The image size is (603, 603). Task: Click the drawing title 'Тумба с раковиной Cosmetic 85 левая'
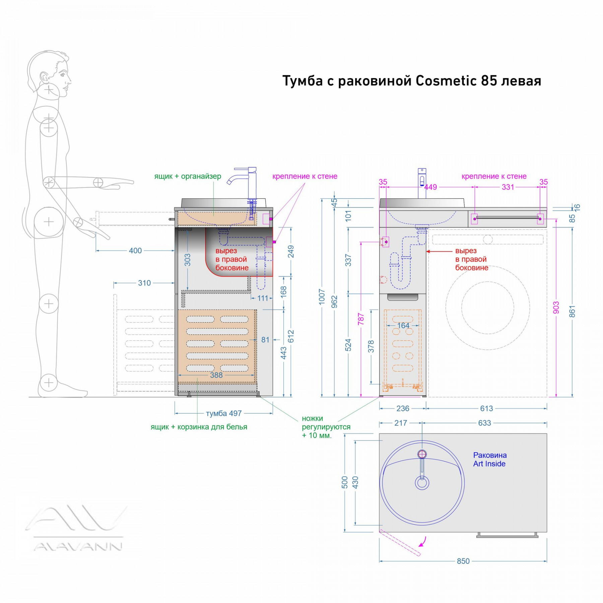click(x=412, y=81)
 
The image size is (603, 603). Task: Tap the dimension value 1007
click(x=322, y=297)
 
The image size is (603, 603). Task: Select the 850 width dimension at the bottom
click(x=463, y=561)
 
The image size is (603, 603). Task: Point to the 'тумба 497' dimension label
click(x=224, y=413)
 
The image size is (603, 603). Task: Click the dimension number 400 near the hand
click(x=135, y=251)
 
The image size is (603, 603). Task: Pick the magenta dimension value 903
click(x=556, y=308)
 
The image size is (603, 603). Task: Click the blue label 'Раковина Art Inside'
click(x=490, y=459)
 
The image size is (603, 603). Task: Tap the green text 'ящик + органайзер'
click(x=188, y=176)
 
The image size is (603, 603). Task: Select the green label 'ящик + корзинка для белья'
click(x=199, y=427)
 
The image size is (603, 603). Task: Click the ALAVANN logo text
click(x=78, y=547)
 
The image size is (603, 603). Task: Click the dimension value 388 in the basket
click(x=216, y=375)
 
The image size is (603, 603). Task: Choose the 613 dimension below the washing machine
click(x=486, y=408)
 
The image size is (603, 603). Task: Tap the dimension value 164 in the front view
click(x=403, y=325)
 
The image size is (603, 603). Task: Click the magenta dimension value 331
click(x=508, y=187)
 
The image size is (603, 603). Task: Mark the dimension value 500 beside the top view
click(x=345, y=482)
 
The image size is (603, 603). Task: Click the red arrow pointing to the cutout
click(x=439, y=251)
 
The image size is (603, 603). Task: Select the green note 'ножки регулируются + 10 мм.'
click(x=326, y=427)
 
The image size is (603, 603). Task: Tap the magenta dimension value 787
click(x=361, y=320)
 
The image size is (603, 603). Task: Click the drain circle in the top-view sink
click(x=422, y=483)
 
